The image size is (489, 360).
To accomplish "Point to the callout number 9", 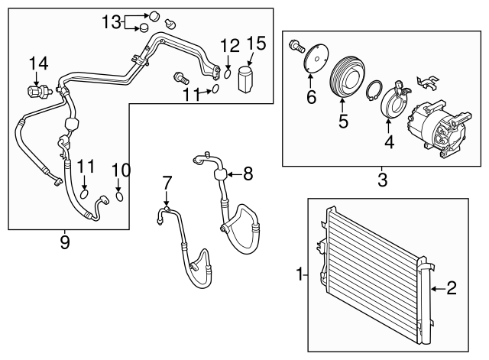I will coord(65,242).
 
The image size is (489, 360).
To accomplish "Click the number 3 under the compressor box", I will coord(382,180).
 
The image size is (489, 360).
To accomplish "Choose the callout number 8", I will coord(247,174).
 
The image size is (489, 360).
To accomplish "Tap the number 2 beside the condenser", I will coord(451,288).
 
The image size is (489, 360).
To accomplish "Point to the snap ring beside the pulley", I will coord(374,94).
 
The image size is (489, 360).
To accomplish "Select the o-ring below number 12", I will coord(228,74).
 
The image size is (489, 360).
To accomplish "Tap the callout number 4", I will coord(389,141).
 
